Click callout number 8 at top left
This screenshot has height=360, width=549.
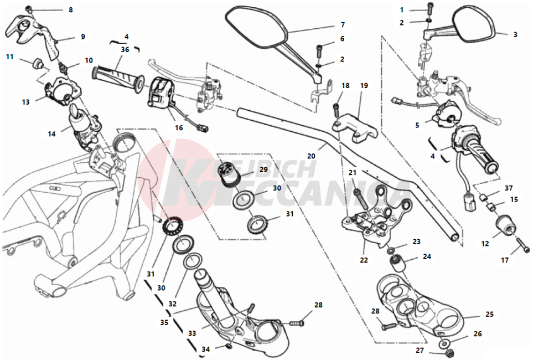(x=70, y=10)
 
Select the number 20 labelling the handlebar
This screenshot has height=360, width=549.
(x=312, y=156)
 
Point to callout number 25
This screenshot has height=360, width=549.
(x=489, y=314)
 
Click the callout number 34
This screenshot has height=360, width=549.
(x=206, y=349)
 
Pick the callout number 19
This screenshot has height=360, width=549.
(x=364, y=86)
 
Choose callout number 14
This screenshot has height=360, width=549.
(x=52, y=133)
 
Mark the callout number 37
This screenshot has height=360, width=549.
(x=509, y=188)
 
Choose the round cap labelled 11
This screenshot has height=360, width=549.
(x=39, y=62)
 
